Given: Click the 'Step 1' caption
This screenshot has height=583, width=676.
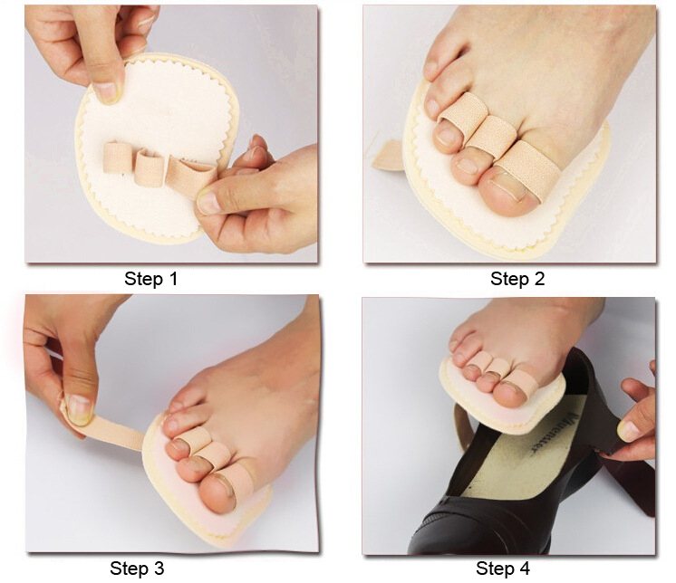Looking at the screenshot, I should (150, 279).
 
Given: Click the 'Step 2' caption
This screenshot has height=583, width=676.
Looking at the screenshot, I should (517, 279).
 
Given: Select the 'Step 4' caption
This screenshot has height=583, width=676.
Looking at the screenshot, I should (503, 569).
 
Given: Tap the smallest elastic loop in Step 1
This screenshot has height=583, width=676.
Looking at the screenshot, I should (118, 158).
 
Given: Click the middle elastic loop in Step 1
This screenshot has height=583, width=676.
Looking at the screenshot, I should (150, 167).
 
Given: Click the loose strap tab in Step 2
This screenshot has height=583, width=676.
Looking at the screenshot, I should (388, 157).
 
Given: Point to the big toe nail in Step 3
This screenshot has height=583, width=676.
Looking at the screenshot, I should (221, 489).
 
